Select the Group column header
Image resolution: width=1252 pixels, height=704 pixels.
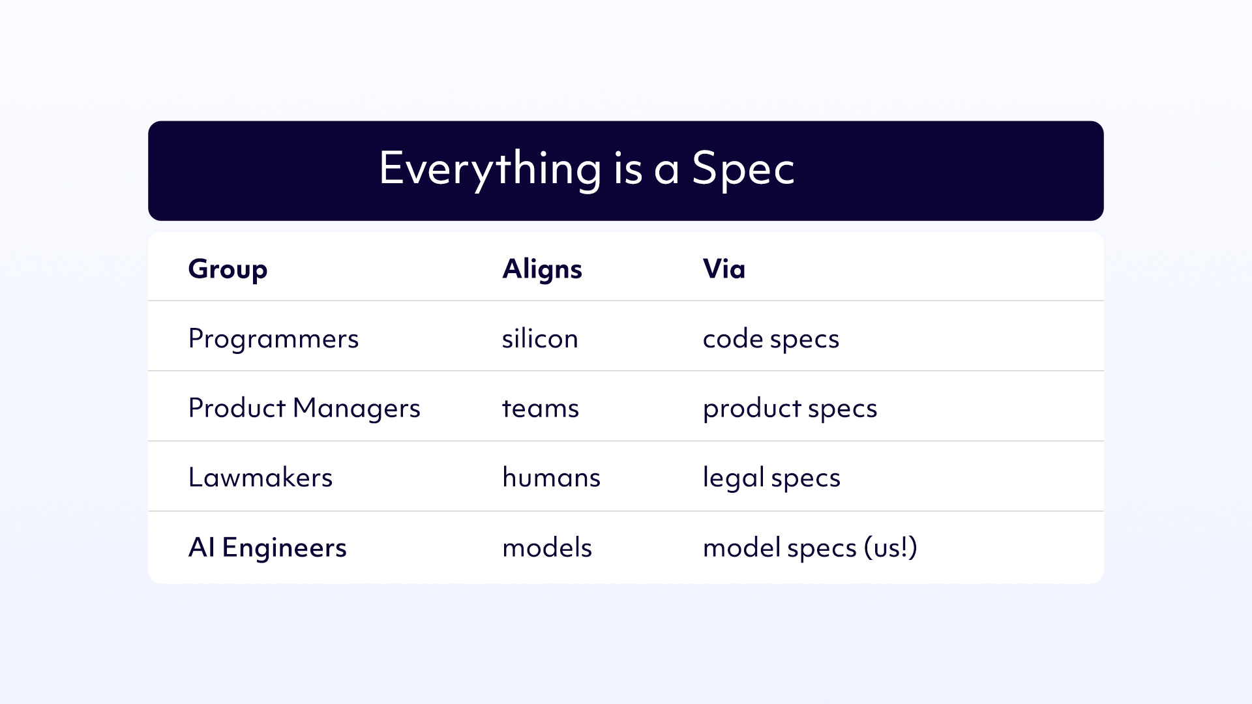[228, 270]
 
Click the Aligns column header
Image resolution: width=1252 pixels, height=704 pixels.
[542, 270]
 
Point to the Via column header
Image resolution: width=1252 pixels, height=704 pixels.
[724, 269]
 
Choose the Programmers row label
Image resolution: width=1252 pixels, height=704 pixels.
[273, 340]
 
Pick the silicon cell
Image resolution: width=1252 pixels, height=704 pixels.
[540, 338]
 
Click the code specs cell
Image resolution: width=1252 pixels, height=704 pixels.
[771, 340]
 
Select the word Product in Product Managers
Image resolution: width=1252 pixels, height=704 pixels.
[237, 408]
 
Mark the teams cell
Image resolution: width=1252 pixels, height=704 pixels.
[541, 409]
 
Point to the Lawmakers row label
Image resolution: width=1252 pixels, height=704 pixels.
[260, 478]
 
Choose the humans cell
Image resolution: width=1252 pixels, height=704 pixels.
[551, 478]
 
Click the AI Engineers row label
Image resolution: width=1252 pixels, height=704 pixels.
[267, 548]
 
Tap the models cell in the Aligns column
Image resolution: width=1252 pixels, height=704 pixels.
[547, 548]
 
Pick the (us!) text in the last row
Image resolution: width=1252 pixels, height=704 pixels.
[891, 548]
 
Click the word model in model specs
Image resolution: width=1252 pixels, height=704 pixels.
[741, 548]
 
